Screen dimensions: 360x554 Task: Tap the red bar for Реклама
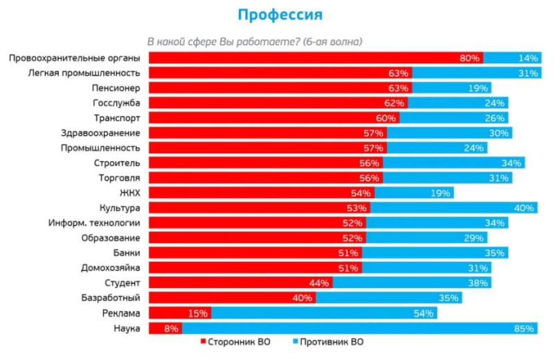[x=166, y=313]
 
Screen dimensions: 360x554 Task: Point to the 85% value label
[x=525, y=328]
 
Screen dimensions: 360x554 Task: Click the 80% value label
[x=470, y=58]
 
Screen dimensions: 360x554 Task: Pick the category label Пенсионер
[x=116, y=88]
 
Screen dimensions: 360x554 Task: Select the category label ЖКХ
[x=130, y=192]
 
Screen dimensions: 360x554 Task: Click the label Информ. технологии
[x=95, y=223]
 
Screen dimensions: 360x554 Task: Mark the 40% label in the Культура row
[x=524, y=208]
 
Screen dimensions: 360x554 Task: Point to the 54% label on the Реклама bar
[x=423, y=313]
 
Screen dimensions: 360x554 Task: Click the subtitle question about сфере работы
[x=252, y=41]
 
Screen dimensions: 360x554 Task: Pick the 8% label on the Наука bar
[x=171, y=328]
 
